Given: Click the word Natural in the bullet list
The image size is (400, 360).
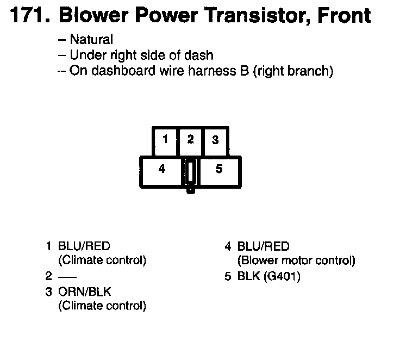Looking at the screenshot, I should (91, 40).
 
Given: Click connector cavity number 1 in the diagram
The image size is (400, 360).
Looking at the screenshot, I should (165, 140).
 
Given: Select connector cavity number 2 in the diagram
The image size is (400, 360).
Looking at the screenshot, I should (190, 140).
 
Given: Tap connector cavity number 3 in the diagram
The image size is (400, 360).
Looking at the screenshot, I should (215, 140).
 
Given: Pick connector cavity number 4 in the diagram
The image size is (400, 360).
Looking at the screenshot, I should (161, 169).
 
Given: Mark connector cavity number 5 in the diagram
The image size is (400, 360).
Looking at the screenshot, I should (219, 169).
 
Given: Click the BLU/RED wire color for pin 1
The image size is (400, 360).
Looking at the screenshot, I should (84, 246).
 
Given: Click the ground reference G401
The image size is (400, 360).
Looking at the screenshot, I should (282, 276).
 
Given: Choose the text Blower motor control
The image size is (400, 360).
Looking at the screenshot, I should (296, 260).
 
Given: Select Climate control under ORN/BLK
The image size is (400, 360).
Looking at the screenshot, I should (102, 306).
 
